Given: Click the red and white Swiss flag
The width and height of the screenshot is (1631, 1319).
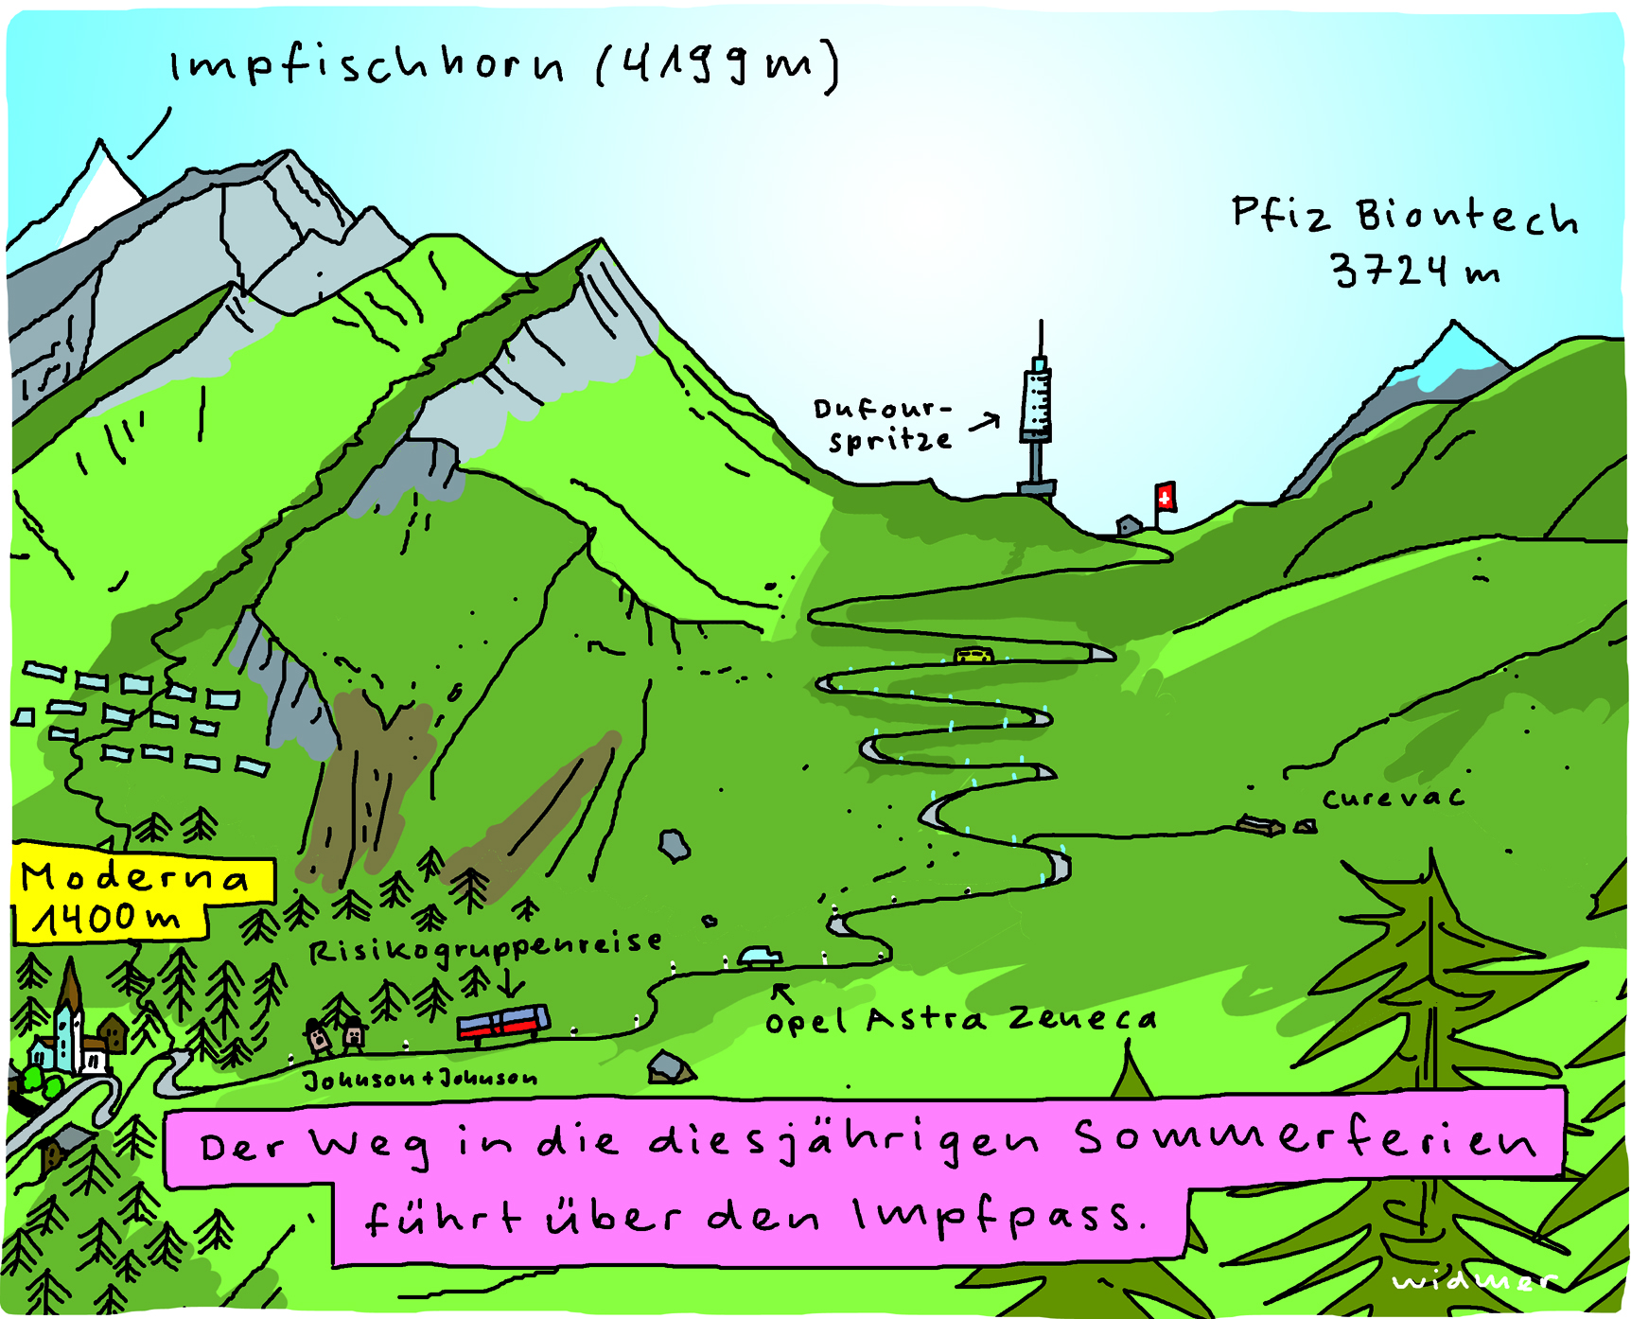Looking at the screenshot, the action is pos(1166,497).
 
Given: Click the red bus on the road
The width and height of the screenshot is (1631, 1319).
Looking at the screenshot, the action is pos(503,1023).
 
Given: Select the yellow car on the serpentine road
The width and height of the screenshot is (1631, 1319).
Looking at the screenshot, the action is pos(973,654).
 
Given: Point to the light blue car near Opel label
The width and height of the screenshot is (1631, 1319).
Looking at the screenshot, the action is pos(761,957).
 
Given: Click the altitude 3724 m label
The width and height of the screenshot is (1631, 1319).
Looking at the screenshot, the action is pos(1414,271).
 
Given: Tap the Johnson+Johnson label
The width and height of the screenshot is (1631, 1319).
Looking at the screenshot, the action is pos(420,1079).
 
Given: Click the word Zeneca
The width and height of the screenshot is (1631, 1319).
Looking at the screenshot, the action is pos(1082,1019).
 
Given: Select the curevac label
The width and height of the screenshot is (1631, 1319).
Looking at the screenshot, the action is pos(1393,799).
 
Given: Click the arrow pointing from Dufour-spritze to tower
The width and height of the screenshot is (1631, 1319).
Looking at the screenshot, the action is pos(984,421).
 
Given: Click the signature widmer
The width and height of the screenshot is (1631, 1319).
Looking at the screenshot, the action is pos(1473,1280).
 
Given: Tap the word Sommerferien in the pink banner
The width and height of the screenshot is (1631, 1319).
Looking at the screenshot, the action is pos(1306,1139).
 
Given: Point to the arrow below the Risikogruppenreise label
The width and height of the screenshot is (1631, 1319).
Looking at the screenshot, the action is pos(511,981).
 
